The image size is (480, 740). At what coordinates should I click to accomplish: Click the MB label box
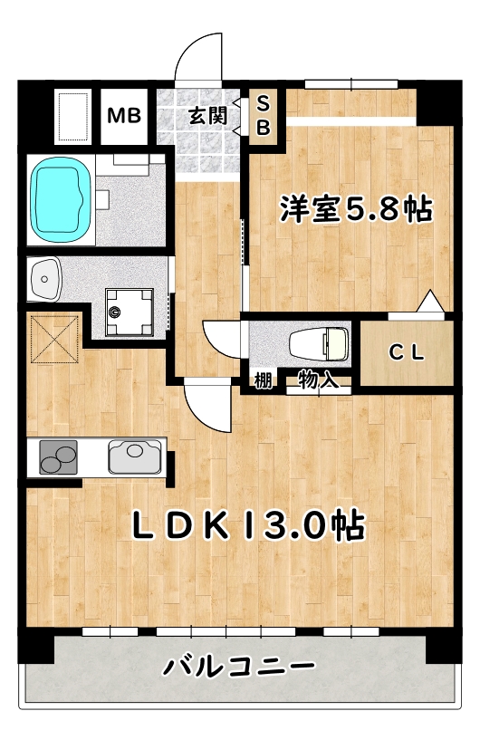(123, 116)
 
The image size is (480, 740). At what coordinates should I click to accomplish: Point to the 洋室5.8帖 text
(354, 210)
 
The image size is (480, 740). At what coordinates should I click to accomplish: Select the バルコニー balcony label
(239, 669)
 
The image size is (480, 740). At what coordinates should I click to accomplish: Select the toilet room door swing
(222, 341)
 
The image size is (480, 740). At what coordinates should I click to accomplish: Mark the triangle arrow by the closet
(431, 301)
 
